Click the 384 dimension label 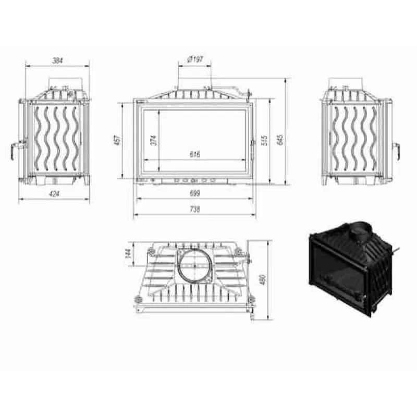click(57, 61)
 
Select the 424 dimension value click(54, 194)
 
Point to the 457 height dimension click(118, 140)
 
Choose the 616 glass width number click(195, 154)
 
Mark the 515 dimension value click(265, 140)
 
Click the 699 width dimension click(195, 193)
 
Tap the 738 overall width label click(195, 209)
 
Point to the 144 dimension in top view click(127, 254)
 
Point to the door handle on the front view click(252, 148)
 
